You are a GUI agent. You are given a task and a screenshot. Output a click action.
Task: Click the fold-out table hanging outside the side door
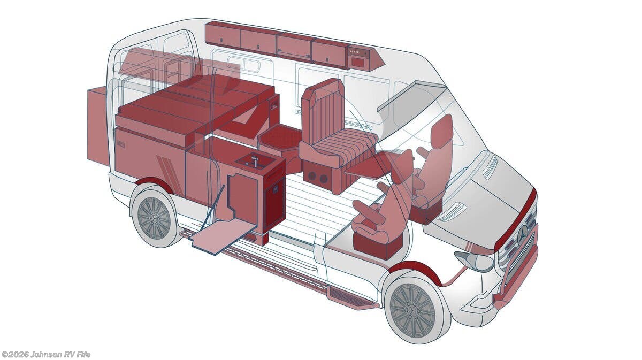point(224,234)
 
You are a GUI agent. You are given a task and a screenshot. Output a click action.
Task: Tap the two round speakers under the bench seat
point(317,178)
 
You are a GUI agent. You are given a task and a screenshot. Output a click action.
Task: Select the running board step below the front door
point(351,297)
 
